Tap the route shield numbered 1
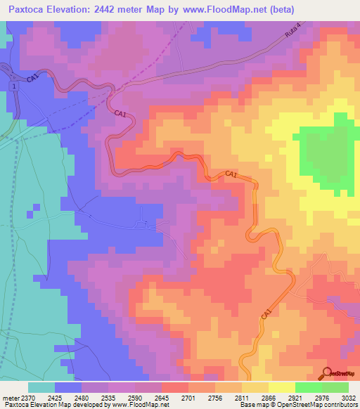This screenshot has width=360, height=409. (13, 85)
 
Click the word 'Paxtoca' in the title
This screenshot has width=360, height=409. (30, 9)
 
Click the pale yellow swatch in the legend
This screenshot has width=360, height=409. (281, 387)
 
